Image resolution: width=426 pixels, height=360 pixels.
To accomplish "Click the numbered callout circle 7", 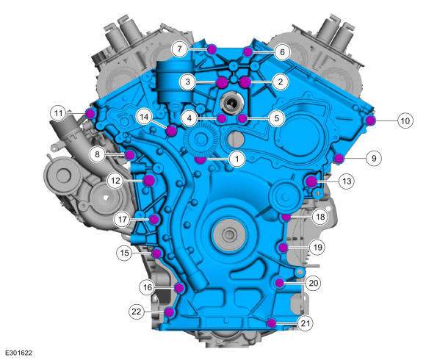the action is coord(179,49).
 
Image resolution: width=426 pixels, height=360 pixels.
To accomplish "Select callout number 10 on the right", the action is coord(405,120).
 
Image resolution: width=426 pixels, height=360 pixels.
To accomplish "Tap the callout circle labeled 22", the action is coord(137,312).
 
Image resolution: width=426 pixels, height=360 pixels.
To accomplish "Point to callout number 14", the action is coord(144,117).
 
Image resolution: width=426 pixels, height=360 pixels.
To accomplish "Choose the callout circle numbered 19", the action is coord(317,248).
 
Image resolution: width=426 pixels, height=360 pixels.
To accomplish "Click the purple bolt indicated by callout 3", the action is coord(222,82).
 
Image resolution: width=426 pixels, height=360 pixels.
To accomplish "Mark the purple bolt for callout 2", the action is coord(245,82).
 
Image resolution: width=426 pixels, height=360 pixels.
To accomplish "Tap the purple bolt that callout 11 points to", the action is coord(90,113).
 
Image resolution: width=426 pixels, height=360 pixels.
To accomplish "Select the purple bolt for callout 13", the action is coord(311,181).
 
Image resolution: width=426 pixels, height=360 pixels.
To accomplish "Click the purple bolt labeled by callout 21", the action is coord(271,323).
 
